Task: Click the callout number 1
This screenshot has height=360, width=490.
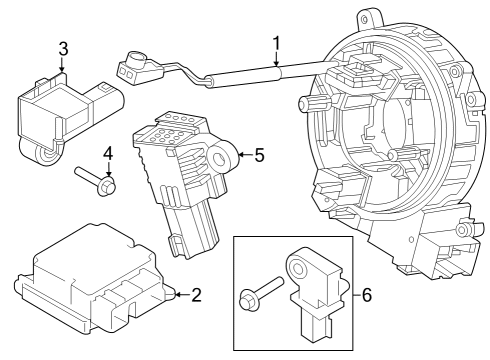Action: tap(275, 44)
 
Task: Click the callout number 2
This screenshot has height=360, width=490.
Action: tap(196, 295)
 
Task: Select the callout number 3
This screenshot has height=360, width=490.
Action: tap(63, 49)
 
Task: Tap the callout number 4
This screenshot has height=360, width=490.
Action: tap(108, 155)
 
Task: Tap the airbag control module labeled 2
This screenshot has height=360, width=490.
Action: tap(95, 283)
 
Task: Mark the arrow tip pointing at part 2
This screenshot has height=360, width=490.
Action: tap(174, 295)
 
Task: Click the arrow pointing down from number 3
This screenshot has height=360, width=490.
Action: tap(63, 68)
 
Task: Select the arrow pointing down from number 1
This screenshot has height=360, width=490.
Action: tap(275, 65)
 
